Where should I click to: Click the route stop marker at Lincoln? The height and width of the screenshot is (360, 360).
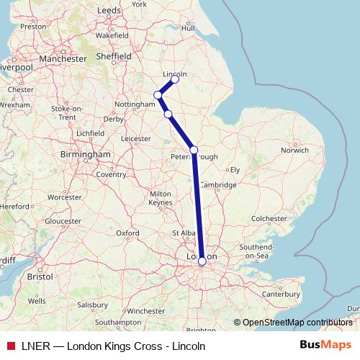coord(175,79)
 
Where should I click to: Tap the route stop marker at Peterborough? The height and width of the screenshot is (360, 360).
coord(194,150)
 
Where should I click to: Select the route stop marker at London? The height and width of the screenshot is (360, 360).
coord(202,261)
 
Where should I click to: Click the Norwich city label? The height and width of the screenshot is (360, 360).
coord(295,150)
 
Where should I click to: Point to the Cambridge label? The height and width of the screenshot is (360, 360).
coord(219,185)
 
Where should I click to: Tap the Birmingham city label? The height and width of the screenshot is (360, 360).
coord(86,154)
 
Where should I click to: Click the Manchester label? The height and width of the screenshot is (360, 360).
coord(63,58)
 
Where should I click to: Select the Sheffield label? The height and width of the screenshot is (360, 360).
coord(115,55)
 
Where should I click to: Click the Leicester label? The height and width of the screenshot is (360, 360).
coord(136,138)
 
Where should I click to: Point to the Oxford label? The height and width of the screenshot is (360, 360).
coord(128,233)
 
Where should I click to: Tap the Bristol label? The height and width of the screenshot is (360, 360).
coord(40,276)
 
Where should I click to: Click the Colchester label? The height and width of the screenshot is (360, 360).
coord(269,217)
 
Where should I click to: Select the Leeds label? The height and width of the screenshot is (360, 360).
coord(109,10)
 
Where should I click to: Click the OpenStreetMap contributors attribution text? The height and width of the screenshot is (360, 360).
coord(297,323)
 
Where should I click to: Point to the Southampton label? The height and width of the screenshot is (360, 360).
coord(118,321)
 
